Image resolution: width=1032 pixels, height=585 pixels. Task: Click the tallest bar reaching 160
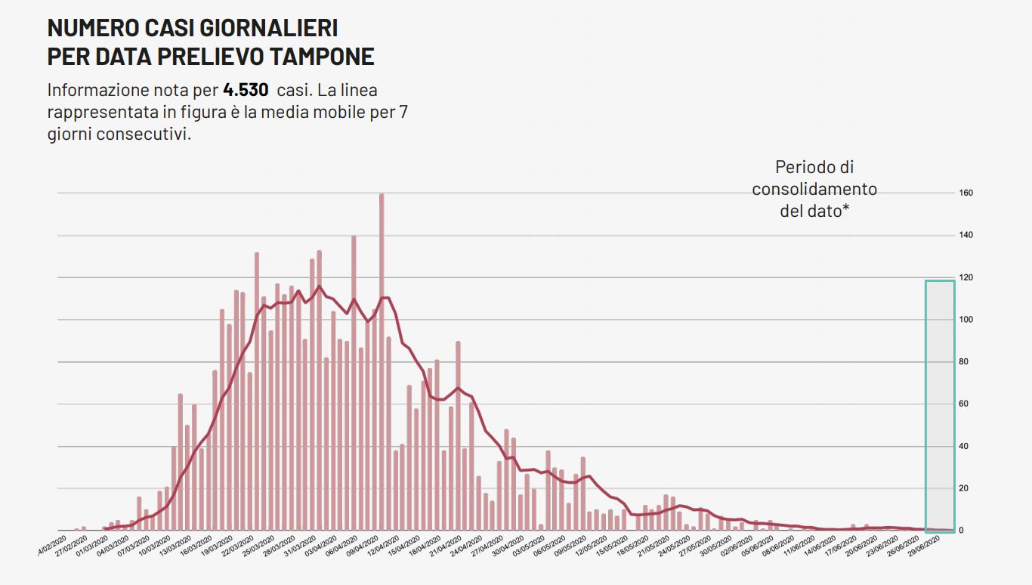(382, 363)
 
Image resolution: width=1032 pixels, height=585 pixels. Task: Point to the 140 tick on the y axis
(966, 236)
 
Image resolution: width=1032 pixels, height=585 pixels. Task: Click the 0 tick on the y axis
(962, 531)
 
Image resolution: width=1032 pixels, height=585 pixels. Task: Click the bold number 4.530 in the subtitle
(246, 90)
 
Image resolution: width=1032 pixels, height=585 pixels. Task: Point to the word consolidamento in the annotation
(814, 189)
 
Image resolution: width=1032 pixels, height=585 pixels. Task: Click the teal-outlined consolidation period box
(940, 406)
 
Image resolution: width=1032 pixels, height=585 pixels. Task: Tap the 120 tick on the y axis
(966, 278)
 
